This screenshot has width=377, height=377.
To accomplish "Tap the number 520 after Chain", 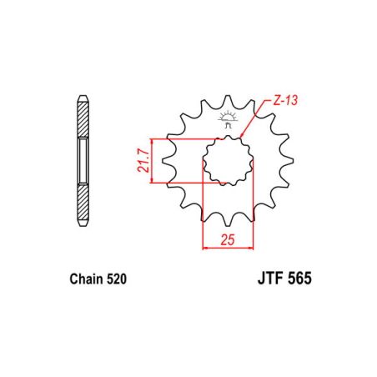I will pyautogui.click(x=117, y=281).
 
